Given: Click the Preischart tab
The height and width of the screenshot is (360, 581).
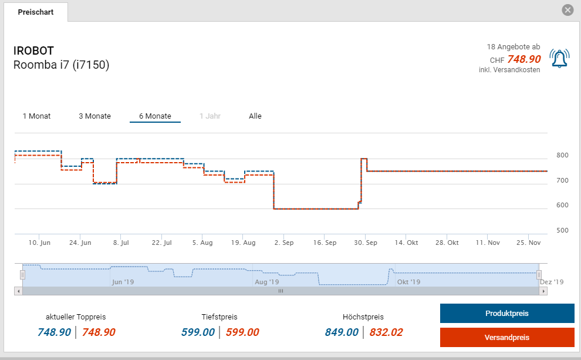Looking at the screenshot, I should coord(35,12).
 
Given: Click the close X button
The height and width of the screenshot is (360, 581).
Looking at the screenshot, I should coord(567,10).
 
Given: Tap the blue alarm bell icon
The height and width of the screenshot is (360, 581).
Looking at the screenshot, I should coord(559,59).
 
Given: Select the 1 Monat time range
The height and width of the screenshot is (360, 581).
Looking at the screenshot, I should coord(36,116).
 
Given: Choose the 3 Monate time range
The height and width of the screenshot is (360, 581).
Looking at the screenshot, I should coord(94,116).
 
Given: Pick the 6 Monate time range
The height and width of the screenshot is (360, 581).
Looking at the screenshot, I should coord(155,116).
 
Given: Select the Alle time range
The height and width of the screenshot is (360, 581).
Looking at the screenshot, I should coord(255,116).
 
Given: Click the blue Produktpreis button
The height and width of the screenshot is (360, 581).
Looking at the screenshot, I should coord(507,314).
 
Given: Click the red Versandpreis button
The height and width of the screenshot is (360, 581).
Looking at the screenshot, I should coord(507,338).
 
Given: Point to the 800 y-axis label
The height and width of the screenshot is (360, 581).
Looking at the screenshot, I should coord(562,156).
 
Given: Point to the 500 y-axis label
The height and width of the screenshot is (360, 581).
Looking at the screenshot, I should coord(562,230).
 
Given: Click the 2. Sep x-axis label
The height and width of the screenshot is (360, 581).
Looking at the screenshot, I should coord(284,243).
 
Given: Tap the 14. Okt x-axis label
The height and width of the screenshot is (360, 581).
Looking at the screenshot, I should coord(406,243).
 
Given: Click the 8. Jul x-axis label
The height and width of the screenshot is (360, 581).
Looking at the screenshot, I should coord(121,243).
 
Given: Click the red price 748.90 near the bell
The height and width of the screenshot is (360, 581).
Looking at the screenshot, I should coord(523,59).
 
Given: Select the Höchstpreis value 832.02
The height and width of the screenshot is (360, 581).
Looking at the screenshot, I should coord(386,332).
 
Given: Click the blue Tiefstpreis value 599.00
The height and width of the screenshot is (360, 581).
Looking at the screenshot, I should coord(198,332).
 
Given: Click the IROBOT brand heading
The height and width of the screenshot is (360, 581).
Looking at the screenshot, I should coord(33,51).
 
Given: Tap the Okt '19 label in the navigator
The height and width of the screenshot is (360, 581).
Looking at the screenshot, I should coord(408,282).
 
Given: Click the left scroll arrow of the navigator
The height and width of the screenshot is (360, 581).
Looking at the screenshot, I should coord(18,291).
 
